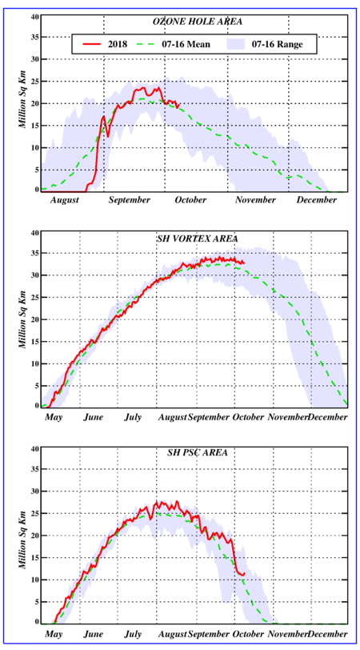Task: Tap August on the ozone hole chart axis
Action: pyautogui.click(x=65, y=200)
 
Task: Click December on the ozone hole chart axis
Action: pyautogui.click(x=317, y=200)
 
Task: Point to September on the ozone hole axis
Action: pyautogui.click(x=130, y=201)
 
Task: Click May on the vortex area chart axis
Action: pyautogui.click(x=54, y=417)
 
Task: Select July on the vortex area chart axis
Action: pyautogui.click(x=133, y=417)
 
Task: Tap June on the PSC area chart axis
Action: pyautogui.click(x=94, y=634)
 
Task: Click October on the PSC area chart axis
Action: pyautogui.click(x=248, y=634)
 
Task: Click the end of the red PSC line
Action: pyautogui.click(x=245, y=574)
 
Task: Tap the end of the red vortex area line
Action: pyautogui.click(x=244, y=263)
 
